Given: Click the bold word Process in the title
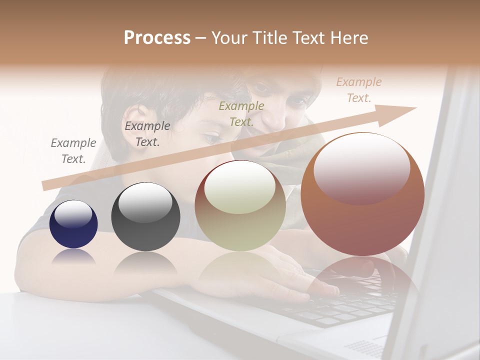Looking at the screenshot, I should point(157,38).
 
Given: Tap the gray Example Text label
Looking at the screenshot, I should point(73,151).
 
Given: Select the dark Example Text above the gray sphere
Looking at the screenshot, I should point(147,134).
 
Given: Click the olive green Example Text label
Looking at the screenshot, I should point(241,113).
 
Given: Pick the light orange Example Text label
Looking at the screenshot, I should point(358,90).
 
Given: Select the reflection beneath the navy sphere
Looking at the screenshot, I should point(73,257).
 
